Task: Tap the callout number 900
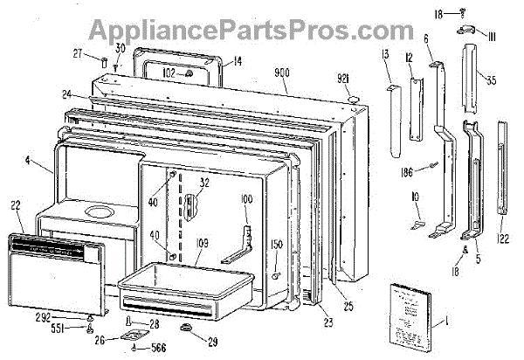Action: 281,72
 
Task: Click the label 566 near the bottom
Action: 157,345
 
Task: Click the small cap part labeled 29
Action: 186,327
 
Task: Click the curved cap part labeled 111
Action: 465,31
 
